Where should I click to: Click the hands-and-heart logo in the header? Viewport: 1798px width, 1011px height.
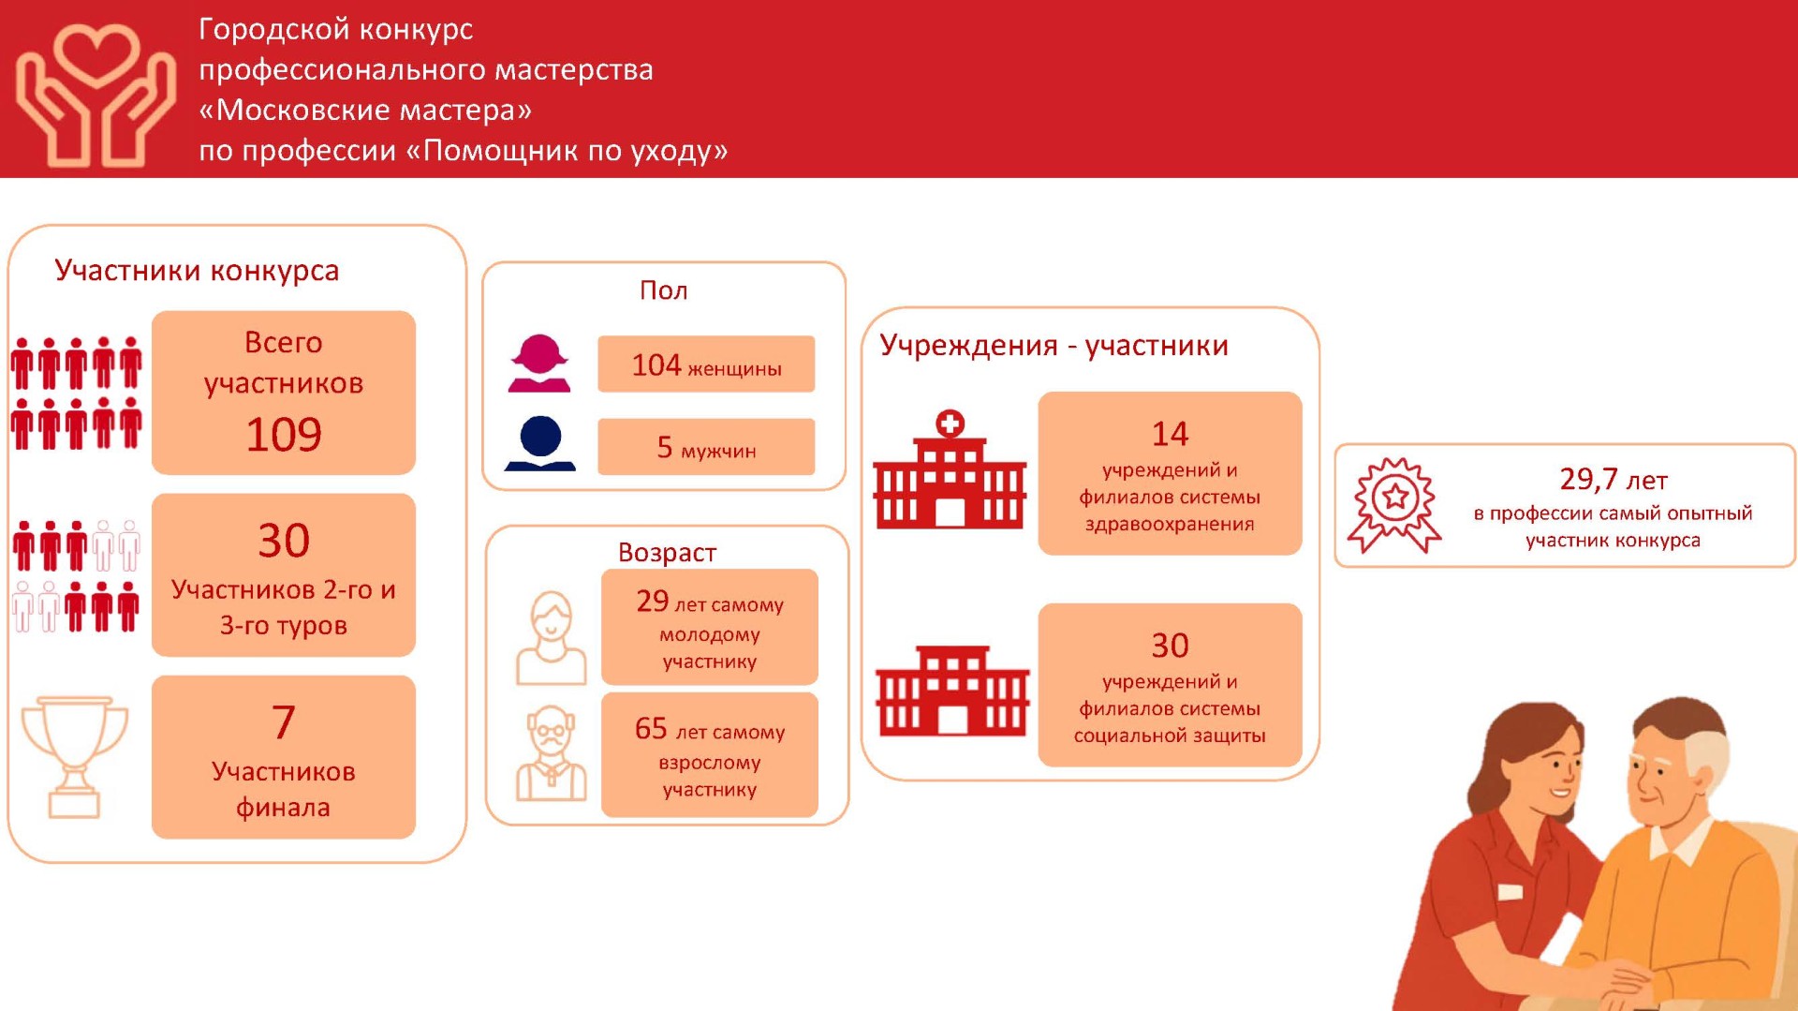pos(95,94)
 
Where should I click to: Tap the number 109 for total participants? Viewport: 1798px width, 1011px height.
pos(284,435)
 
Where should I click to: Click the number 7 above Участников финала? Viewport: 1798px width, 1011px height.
pos(284,722)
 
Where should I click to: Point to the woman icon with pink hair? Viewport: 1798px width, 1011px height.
pos(539,363)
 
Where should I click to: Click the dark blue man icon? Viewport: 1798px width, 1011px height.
pos(540,443)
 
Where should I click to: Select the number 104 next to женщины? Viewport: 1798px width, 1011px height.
pos(656,364)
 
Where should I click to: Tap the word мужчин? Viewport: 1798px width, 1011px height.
pos(718,451)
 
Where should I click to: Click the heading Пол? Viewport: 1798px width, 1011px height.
pos(663,290)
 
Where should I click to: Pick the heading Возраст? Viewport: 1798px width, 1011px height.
pos(667,553)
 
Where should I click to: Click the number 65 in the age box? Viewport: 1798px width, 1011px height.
pos(651,728)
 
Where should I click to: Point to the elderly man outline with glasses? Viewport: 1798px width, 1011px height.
pos(552,754)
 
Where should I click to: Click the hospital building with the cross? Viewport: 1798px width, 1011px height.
pos(950,470)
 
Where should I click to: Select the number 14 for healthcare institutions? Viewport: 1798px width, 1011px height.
pos(1170,434)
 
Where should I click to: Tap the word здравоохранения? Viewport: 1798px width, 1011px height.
pos(1170,525)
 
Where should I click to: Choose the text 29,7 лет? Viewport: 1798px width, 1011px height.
pos(1613,480)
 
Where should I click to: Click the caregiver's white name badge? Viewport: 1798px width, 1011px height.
pos(1511,891)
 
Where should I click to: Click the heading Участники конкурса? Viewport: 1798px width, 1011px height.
pos(197,270)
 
